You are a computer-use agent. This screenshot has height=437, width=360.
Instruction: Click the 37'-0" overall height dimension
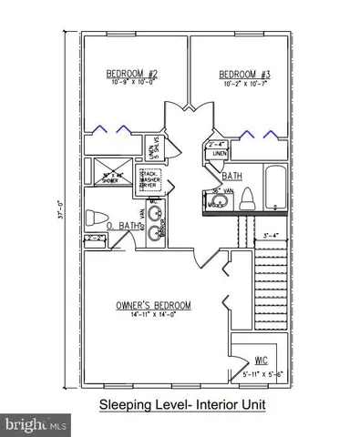tap(62, 218)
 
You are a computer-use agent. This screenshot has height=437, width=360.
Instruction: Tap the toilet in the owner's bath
tap(94, 218)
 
